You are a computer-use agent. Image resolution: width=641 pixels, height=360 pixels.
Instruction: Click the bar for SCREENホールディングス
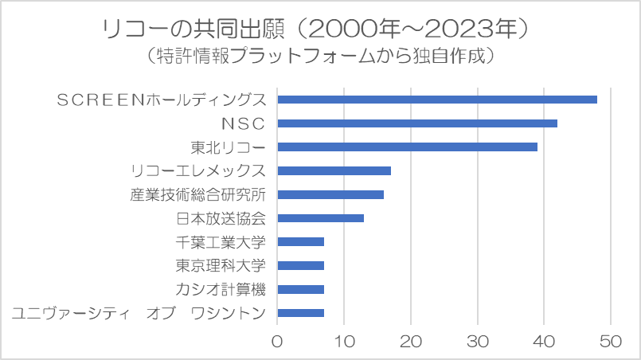pos(436,99)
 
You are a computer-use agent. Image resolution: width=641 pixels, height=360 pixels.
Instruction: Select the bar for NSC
pos(416,123)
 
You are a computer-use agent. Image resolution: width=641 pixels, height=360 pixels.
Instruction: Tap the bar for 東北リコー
pos(407,147)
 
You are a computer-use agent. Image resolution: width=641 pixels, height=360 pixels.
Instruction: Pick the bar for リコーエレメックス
pos(334,170)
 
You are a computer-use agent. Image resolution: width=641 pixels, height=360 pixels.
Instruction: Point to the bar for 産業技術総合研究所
pos(330,194)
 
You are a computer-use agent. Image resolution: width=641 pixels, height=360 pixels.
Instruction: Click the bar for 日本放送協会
pos(320,217)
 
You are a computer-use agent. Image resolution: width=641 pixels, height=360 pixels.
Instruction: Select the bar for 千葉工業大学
pos(300,241)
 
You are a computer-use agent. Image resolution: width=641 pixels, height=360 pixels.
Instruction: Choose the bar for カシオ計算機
pos(300,289)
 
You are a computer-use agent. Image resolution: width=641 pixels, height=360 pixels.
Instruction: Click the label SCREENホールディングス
pos(162,100)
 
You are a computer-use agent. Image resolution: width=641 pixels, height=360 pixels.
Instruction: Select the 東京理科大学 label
pos(221,265)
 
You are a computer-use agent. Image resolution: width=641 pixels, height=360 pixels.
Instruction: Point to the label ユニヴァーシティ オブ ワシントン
pos(139,313)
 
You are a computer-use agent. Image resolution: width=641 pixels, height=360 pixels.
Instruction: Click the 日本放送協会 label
pos(221,218)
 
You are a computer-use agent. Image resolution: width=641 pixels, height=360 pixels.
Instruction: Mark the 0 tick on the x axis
pos(277,342)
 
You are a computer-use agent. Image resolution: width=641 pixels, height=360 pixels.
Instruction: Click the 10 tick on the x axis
pos(344,342)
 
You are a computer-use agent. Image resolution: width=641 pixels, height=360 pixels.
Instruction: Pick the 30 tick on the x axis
pos(477,342)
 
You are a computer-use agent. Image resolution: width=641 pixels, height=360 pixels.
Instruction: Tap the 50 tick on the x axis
pos(611,342)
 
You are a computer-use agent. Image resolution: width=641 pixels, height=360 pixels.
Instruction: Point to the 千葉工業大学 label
pos(221,242)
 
